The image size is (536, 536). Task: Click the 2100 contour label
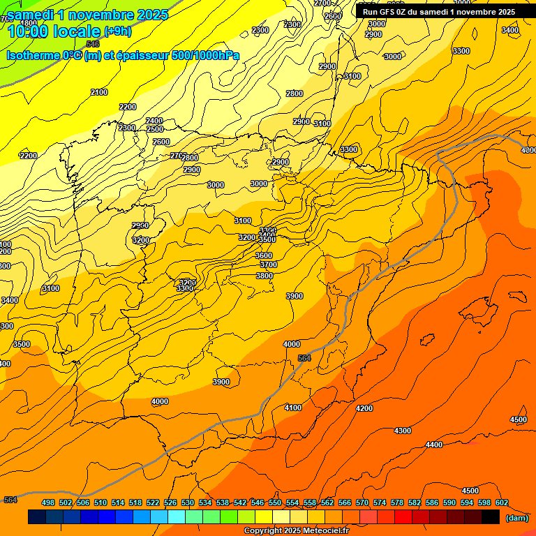[99, 92]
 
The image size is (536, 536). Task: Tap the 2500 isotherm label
[154, 129]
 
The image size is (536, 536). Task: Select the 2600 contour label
[161, 142]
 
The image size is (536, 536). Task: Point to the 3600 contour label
[264, 255]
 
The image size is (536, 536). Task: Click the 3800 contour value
[265, 276]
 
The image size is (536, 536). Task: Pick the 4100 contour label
[293, 408]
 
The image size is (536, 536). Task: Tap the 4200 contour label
[364, 408]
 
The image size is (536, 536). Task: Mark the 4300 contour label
[403, 431]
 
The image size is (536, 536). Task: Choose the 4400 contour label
[434, 445]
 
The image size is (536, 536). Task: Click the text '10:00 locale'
[53, 31]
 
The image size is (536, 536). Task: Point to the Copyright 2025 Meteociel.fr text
[296, 530]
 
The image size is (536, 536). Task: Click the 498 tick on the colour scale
[48, 502]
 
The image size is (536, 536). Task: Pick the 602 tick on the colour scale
[502, 502]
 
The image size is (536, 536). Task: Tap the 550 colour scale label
[275, 502]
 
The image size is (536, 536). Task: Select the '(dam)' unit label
[516, 517]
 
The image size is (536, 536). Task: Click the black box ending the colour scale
[491, 517]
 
